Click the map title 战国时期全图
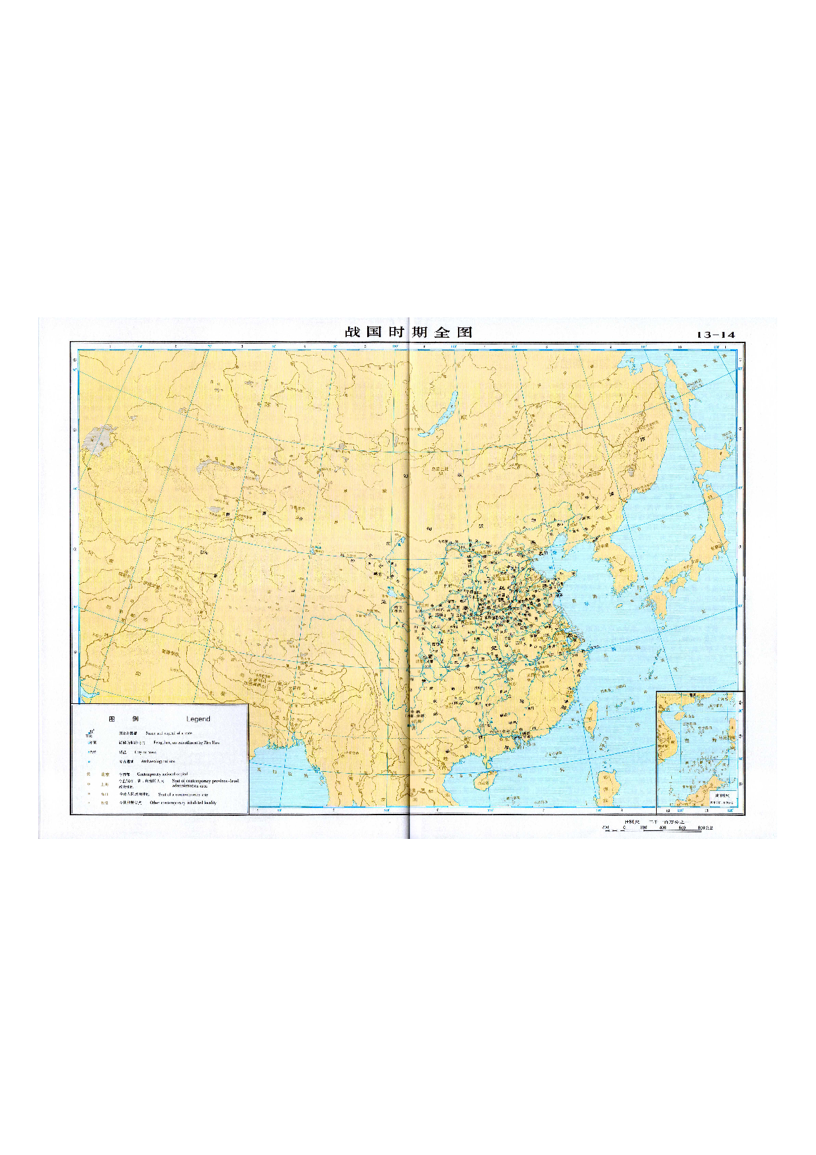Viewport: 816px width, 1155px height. point(409,332)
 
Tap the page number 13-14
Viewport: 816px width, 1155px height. point(715,335)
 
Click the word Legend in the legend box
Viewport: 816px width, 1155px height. point(198,719)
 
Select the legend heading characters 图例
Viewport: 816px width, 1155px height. point(124,719)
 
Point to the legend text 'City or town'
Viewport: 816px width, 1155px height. point(145,752)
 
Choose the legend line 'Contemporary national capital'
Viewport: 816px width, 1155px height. point(162,774)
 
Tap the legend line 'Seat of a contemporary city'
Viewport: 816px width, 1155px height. point(183,794)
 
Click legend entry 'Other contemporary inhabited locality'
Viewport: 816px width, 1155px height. point(183,803)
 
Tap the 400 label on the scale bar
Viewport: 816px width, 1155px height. point(662,828)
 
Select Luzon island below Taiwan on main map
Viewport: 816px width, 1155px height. point(608,787)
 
